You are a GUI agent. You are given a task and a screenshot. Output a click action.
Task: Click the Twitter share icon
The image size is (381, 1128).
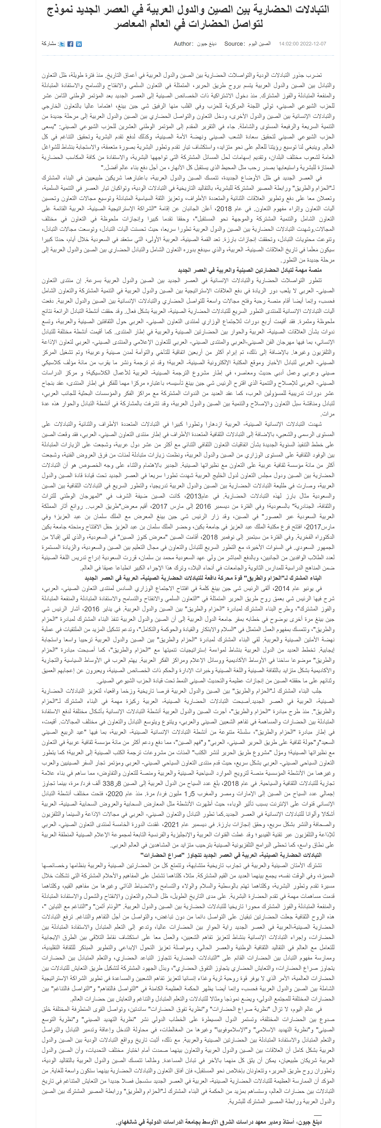tap(62, 44)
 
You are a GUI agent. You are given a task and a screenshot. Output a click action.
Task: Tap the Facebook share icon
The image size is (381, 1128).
tap(70, 44)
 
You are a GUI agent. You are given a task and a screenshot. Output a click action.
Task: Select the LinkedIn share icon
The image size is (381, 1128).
tap(79, 44)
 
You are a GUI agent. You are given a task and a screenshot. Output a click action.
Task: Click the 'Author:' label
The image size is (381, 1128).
tap(183, 44)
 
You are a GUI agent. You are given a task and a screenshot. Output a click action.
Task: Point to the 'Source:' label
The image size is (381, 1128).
tap(234, 44)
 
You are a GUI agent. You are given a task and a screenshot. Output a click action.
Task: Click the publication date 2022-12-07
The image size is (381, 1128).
tap(313, 44)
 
